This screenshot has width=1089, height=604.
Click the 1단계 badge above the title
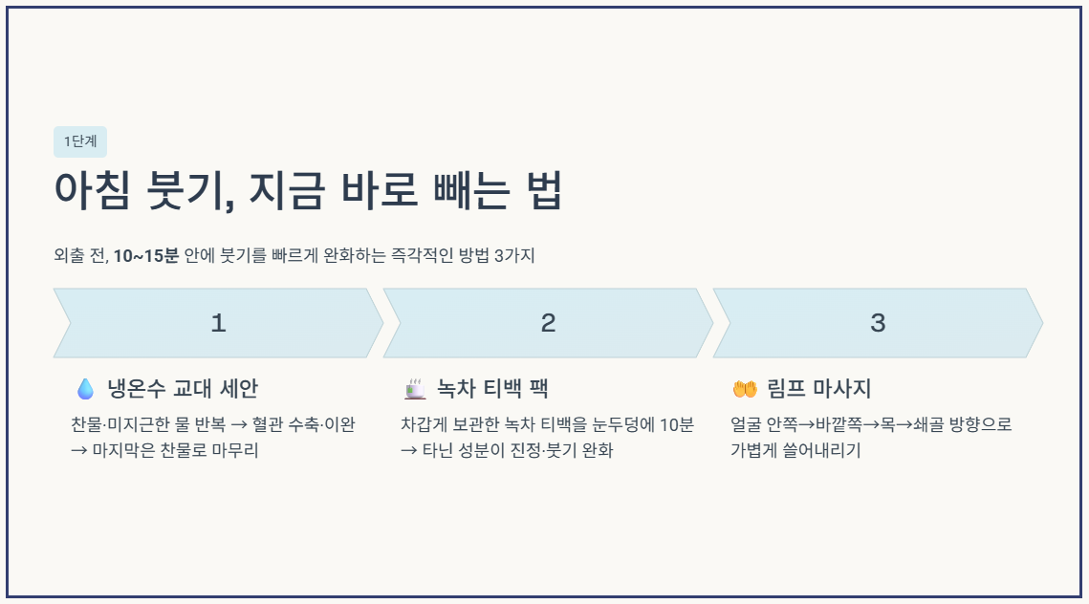80,141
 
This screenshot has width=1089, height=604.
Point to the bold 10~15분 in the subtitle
145,256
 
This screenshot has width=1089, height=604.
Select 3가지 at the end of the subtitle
514,256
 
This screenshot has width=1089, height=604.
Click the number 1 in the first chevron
218,323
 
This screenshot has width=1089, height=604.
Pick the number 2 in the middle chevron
548,323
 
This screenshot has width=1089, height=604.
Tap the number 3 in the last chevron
878,323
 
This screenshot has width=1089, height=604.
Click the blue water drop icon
85,389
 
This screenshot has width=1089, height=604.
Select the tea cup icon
415,389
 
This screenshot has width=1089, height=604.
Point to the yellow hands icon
744,389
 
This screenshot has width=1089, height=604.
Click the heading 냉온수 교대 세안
183,389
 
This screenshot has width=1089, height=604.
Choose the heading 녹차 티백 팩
492,389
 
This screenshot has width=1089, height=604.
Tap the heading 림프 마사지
819,389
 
